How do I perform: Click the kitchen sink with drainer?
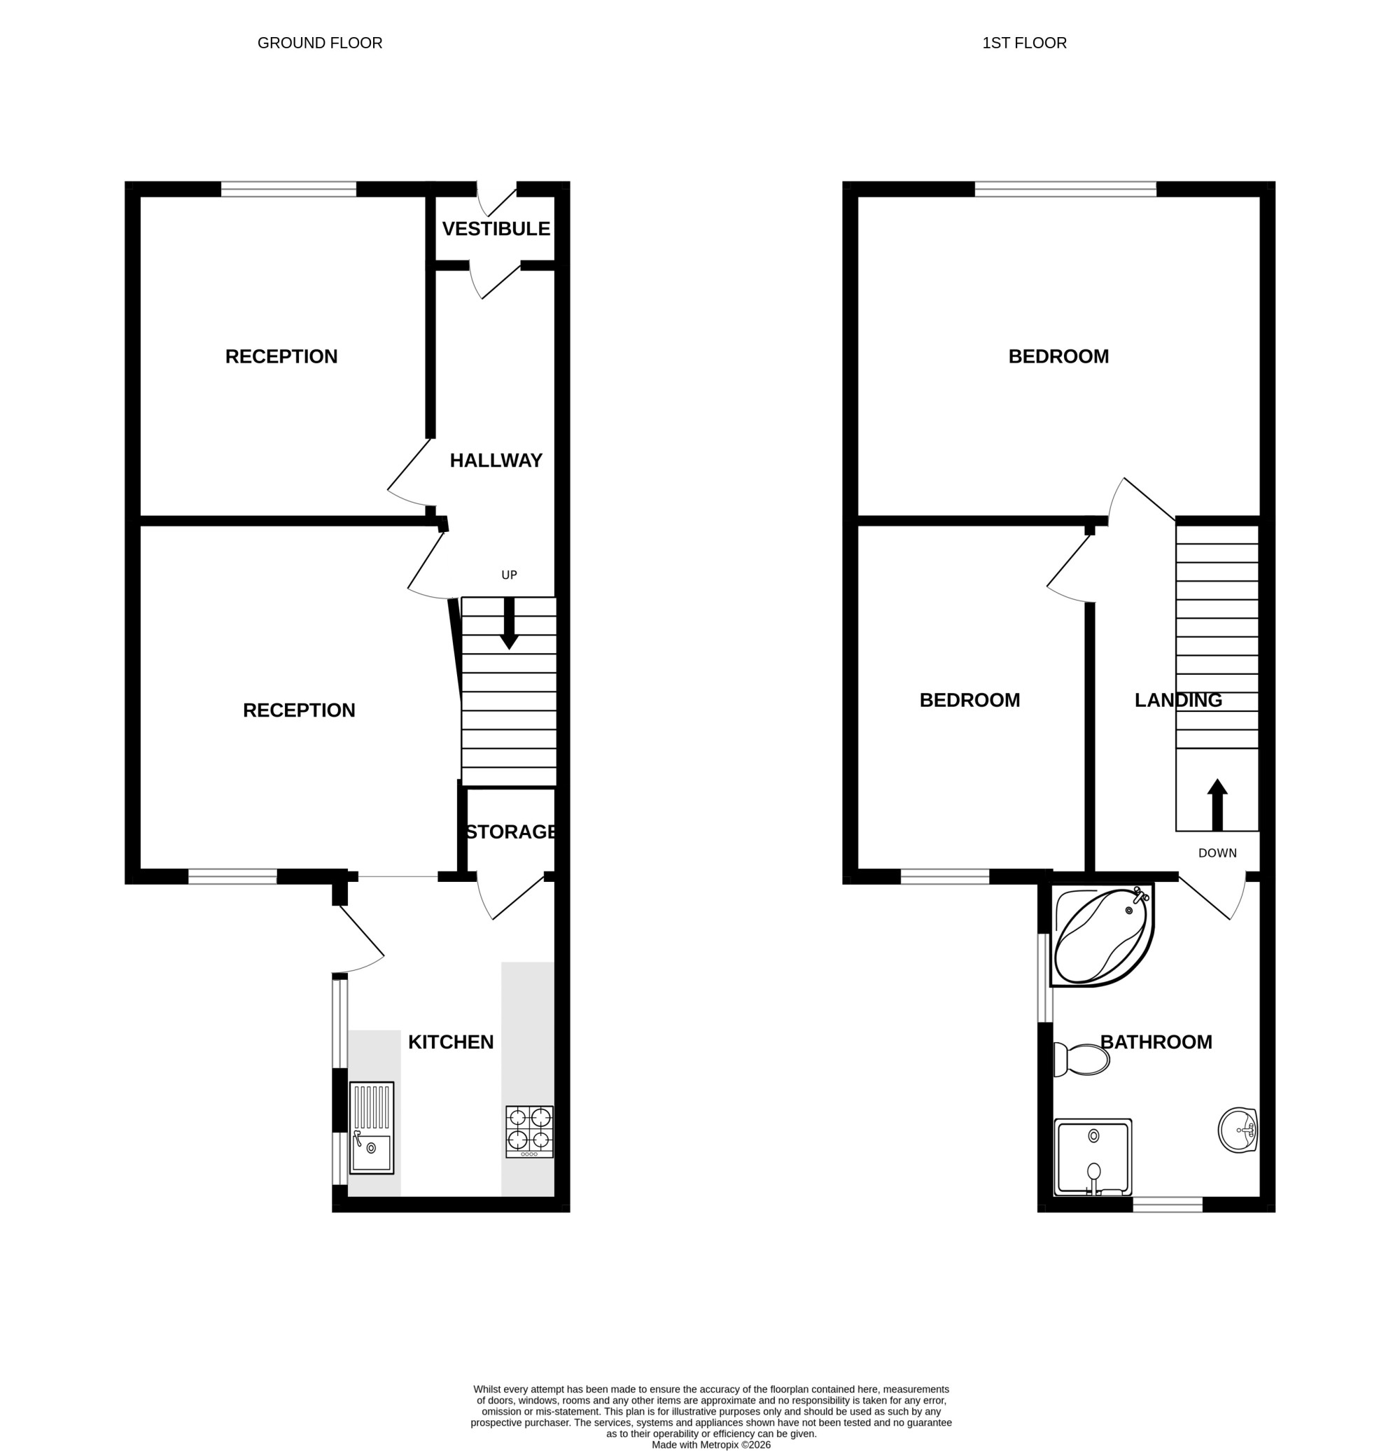[372, 1128]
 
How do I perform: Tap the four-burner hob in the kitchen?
[529, 1131]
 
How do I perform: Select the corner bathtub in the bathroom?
[1102, 935]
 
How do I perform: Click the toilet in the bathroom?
[1081, 1060]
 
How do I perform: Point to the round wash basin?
[1238, 1130]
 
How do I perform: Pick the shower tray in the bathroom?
[1093, 1157]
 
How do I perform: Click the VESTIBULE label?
[496, 229]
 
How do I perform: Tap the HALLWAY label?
[496, 461]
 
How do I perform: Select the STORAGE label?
[511, 832]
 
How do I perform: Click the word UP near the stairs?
[510, 575]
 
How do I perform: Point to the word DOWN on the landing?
[1217, 853]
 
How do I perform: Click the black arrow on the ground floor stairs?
[510, 624]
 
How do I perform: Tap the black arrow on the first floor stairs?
[1217, 804]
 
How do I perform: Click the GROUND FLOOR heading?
[320, 43]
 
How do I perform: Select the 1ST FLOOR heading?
[1025, 43]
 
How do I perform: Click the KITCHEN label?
[451, 1042]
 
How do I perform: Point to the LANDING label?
[1179, 701]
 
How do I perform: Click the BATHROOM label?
[1156, 1042]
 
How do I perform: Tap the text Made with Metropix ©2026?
[710, 1444]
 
